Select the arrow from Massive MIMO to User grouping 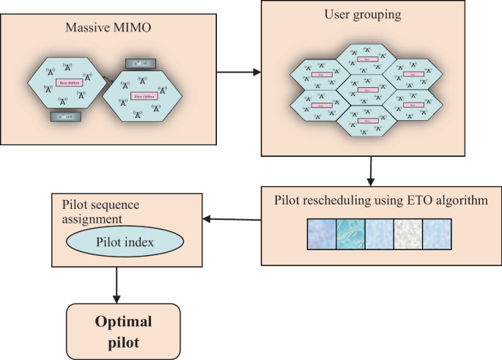[x=240, y=72]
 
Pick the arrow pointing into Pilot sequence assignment [x=230, y=218]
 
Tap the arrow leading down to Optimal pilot [x=116, y=285]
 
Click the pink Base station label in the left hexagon [x=70, y=84]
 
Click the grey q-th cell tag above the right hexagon [x=141, y=64]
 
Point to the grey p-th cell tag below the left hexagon [x=66, y=116]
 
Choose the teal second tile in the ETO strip [x=350, y=236]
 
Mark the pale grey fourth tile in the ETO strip [x=408, y=236]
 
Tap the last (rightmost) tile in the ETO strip [x=438, y=236]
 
